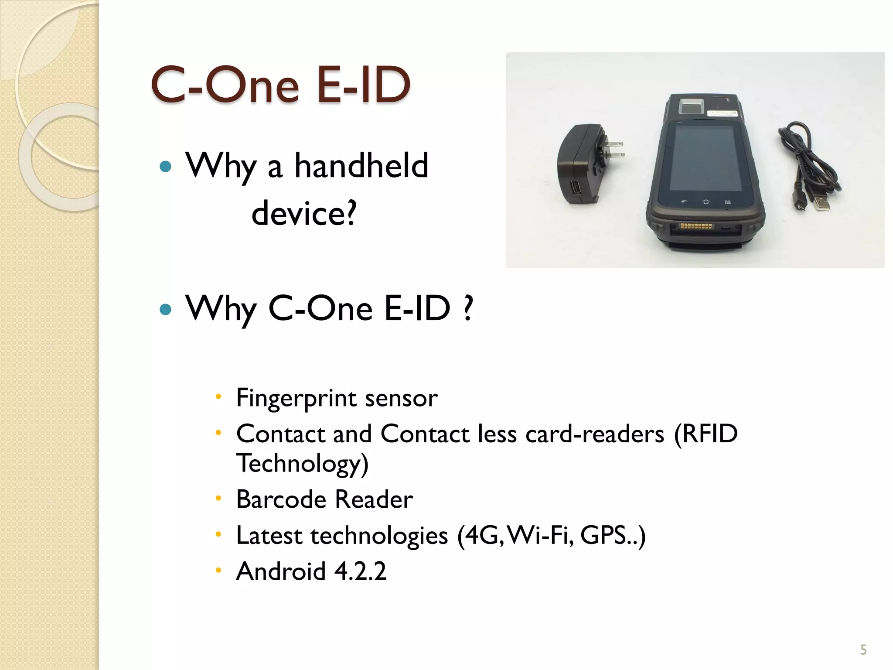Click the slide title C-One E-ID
pos(280,85)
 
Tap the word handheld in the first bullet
pos(361,166)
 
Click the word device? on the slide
pos(304,213)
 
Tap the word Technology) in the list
pos(302,464)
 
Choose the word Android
pos(281,571)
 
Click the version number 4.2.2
pos(360,571)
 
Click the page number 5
pos(863,650)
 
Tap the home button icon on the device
pos(706,202)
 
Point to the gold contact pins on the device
pos(696,226)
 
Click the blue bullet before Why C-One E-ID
pos(166,309)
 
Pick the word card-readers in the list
pos(595,434)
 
